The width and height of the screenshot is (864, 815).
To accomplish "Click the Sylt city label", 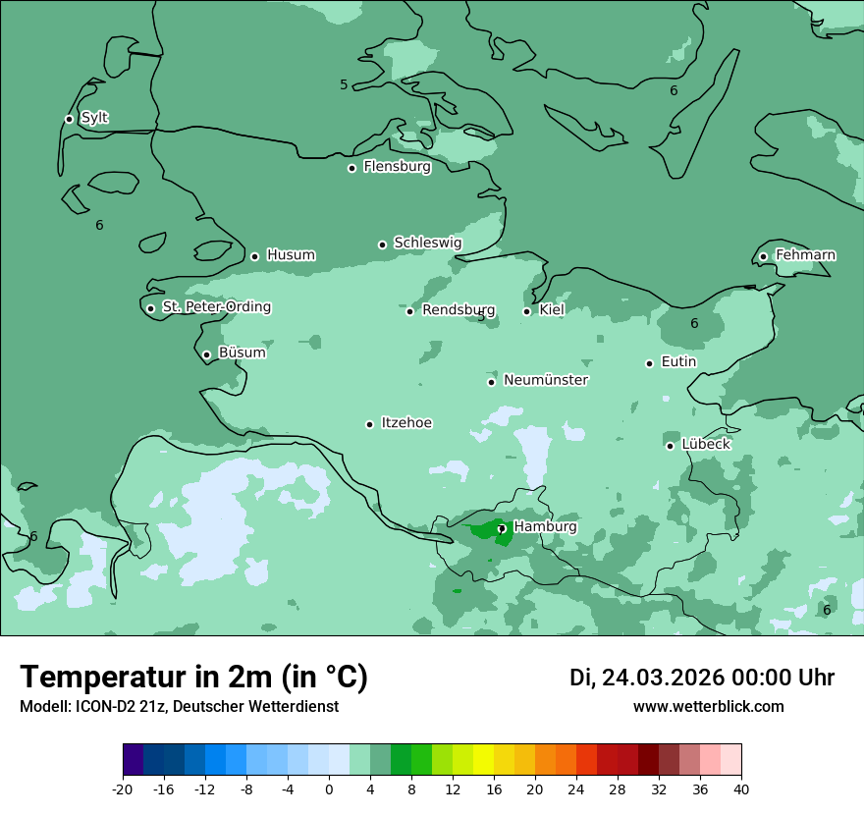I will tap(94, 118).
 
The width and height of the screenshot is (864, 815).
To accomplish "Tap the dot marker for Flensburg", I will tap(351, 168).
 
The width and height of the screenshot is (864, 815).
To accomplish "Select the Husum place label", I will tap(291, 255).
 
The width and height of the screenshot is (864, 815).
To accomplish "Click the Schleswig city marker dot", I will tap(382, 244).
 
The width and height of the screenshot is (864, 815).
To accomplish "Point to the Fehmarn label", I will tap(805, 255).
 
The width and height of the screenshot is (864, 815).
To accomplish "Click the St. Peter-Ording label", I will tap(216, 307).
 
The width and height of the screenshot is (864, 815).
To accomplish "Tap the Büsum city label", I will tap(242, 353).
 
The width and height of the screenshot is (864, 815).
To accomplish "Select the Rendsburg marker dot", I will tap(409, 311).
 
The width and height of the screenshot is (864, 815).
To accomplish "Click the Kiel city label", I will tap(552, 310).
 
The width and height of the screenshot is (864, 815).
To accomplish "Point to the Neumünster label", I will tap(546, 380).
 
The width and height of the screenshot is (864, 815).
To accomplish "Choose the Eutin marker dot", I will tap(649, 363).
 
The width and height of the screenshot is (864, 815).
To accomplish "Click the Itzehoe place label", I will tap(406, 423).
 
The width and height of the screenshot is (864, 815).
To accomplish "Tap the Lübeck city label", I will tap(706, 444).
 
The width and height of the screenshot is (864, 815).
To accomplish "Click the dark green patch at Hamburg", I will tap(487, 531).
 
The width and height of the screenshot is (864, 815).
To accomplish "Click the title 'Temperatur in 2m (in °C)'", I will tap(193, 677).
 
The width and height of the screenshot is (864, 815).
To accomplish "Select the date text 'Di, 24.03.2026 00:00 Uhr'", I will tap(702, 678).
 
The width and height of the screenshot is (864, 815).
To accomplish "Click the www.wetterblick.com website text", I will tap(708, 706).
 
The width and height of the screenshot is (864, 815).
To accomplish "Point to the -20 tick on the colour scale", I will tap(123, 788).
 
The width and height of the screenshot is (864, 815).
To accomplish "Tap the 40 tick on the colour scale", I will tap(740, 788).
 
